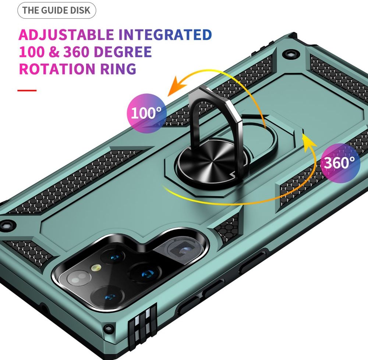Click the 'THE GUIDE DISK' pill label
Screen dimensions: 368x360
click(x=57, y=10)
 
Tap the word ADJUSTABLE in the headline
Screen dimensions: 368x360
click(x=66, y=35)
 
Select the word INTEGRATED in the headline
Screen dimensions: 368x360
click(x=165, y=35)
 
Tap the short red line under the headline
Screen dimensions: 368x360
click(x=27, y=90)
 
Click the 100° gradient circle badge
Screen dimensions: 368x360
click(x=147, y=113)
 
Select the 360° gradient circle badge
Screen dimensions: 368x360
click(x=340, y=163)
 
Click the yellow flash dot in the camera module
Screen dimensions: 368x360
click(x=96, y=268)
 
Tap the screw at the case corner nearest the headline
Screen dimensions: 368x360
click(x=291, y=54)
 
